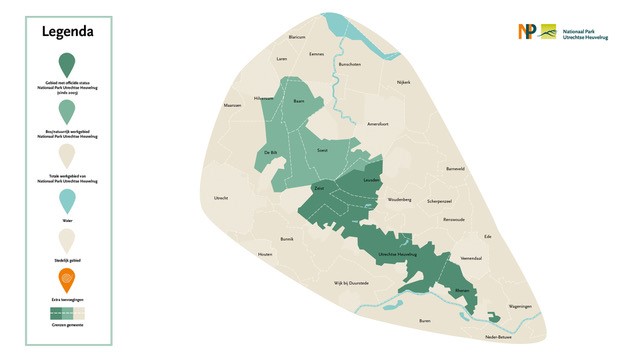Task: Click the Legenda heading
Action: tap(68, 31)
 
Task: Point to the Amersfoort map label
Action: tap(378, 124)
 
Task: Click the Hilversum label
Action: tap(264, 99)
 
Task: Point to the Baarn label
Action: tap(298, 99)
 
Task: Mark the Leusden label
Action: tap(370, 180)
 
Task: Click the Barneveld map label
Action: tap(455, 169)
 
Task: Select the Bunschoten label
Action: tap(349, 64)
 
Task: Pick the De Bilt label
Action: tap(270, 152)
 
